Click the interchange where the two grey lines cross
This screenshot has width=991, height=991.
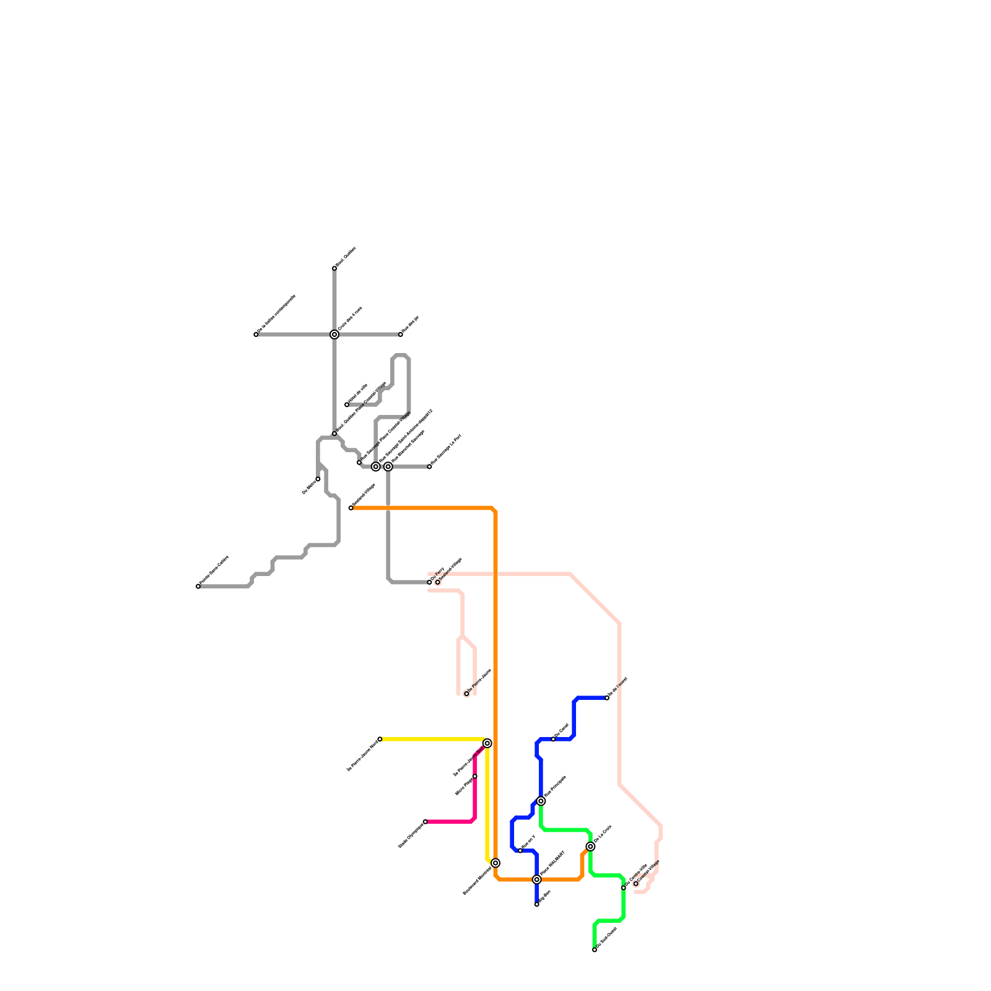tap(334, 334)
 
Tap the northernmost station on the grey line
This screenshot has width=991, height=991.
tap(334, 268)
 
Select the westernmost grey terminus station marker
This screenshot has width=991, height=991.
tap(198, 586)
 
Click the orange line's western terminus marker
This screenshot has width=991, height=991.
tap(351, 508)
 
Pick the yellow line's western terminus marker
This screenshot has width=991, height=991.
tap(380, 739)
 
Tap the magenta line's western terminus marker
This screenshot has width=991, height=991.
tap(426, 822)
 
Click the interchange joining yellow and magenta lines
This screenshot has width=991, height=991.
tap(487, 743)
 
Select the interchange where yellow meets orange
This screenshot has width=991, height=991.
tap(495, 863)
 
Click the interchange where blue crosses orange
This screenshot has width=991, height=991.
tap(537, 880)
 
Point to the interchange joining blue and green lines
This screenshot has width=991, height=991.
tap(541, 801)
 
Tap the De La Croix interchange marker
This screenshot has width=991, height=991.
tap(590, 846)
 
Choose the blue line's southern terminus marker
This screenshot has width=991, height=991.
tap(537, 904)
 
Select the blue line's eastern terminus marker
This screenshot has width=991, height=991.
tap(607, 698)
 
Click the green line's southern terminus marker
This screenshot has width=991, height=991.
tap(595, 950)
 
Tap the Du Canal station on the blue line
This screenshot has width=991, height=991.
tap(554, 739)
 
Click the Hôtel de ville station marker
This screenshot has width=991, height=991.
tap(347, 404)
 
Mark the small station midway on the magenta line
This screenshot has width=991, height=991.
tap(475, 776)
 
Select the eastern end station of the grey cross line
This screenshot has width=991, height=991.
tap(401, 334)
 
